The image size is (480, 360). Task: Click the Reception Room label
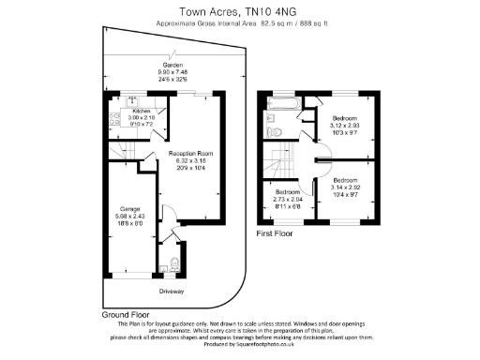click(191, 153)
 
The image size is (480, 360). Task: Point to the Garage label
click(128, 208)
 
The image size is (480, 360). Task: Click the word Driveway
click(171, 292)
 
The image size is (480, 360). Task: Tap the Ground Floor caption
click(123, 316)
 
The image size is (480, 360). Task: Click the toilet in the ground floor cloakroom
click(175, 265)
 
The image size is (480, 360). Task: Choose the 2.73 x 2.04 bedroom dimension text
click(288, 199)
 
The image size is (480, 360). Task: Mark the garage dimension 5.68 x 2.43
click(128, 216)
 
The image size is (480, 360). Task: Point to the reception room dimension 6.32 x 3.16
click(191, 160)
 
